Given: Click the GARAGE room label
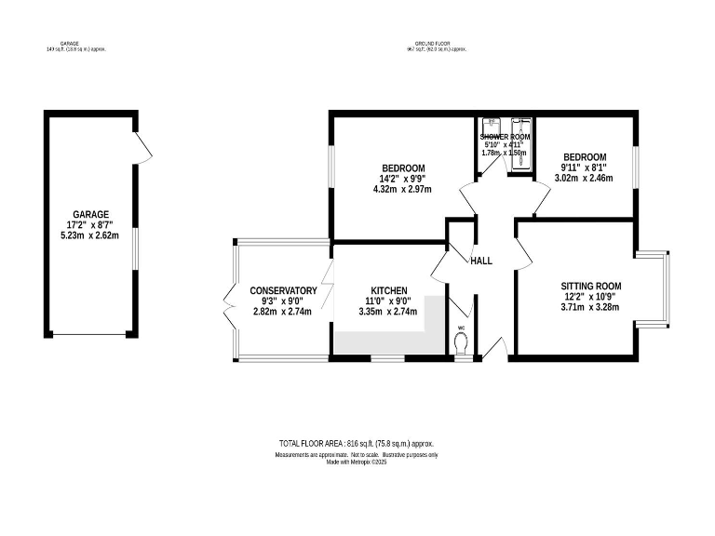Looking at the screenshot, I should pos(91,214).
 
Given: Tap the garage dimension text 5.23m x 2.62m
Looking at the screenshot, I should pos(91,236).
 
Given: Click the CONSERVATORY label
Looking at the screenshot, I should pos(283,291).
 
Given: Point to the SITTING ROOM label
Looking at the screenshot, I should pos(590,287).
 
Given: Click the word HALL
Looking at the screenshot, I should pos(481,261).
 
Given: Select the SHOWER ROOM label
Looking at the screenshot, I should pos(506,137).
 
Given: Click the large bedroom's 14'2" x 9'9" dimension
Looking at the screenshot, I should pos(403,179).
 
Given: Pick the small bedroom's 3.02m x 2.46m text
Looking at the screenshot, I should pos(584,179).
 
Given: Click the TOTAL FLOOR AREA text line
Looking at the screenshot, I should pos(357,444).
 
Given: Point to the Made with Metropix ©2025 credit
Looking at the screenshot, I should pos(357,462).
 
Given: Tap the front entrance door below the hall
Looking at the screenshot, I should pos(494,352).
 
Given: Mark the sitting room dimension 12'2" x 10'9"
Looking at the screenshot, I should pos(590,298).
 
